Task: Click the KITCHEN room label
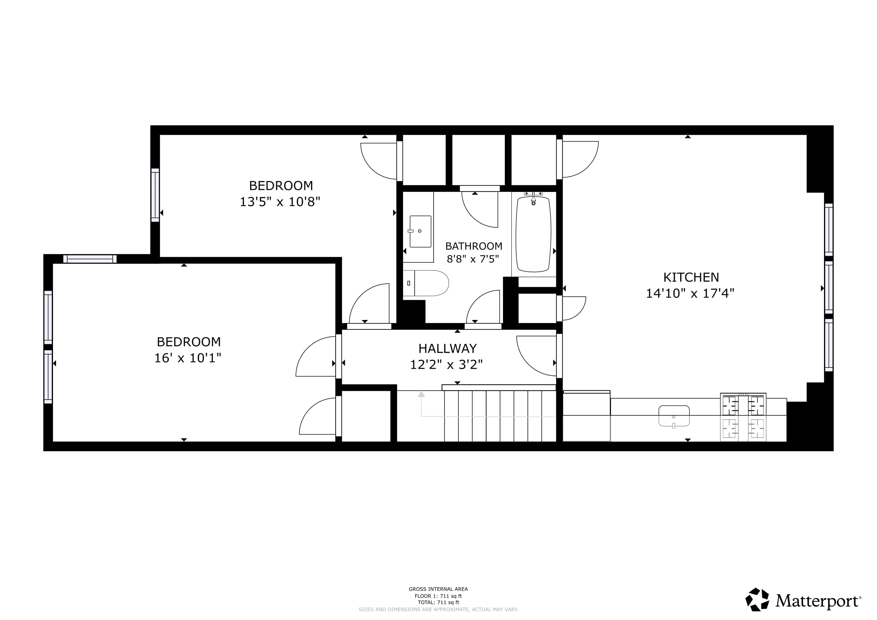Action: pyautogui.click(x=690, y=277)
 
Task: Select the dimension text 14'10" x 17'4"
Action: pyautogui.click(x=690, y=293)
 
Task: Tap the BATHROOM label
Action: pyautogui.click(x=474, y=246)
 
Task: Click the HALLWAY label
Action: pyautogui.click(x=447, y=348)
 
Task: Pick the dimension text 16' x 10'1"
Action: pyautogui.click(x=187, y=358)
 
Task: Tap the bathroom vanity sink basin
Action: pyautogui.click(x=420, y=231)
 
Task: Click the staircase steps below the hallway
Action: pyautogui.click(x=500, y=416)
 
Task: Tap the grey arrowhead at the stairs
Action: pyautogui.click(x=421, y=394)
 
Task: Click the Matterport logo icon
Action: pyautogui.click(x=757, y=599)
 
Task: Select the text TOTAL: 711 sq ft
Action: pyautogui.click(x=438, y=602)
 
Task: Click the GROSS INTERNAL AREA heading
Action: pyautogui.click(x=438, y=589)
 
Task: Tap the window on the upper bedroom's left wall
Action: pyautogui.click(x=155, y=195)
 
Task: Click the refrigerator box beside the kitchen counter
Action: pyautogui.click(x=586, y=417)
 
